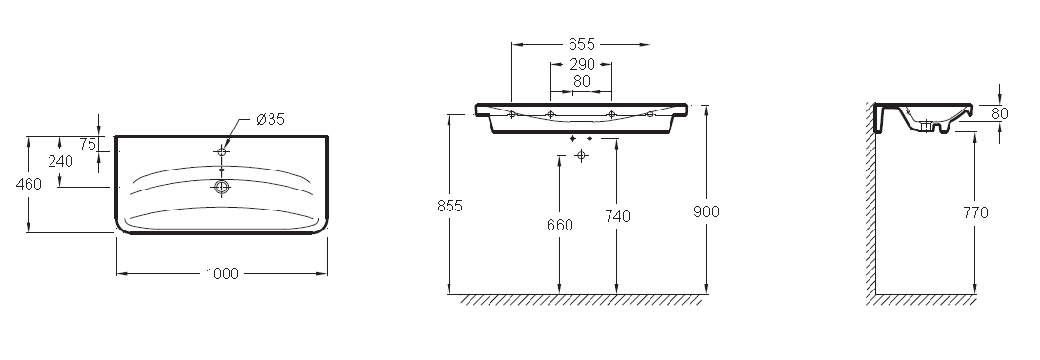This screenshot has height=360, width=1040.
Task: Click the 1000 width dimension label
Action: click(x=222, y=274)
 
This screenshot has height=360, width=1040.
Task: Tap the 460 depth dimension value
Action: click(x=29, y=185)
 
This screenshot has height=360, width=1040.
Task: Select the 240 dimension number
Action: click(x=60, y=162)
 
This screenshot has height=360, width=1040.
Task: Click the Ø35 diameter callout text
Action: click(x=270, y=119)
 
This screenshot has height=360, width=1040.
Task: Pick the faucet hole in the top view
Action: click(x=222, y=151)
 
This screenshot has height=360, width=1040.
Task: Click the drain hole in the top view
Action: click(x=222, y=187)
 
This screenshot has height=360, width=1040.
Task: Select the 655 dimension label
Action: click(x=582, y=45)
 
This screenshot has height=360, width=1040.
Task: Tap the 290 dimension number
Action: click(x=582, y=65)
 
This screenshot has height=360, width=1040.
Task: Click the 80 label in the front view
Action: click(x=582, y=82)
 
